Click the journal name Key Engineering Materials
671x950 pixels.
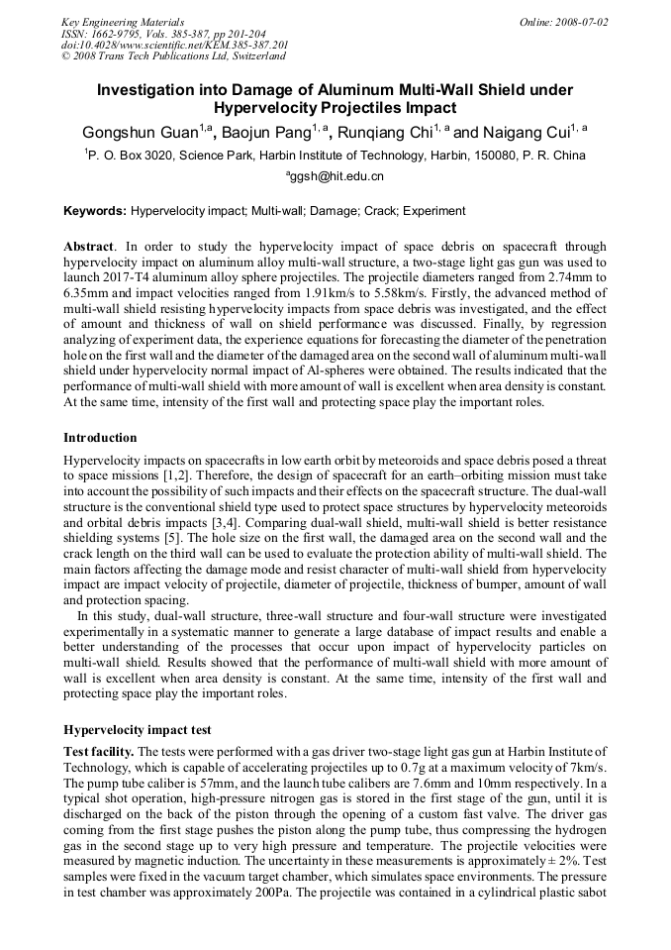tap(123, 21)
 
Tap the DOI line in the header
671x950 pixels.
tap(174, 45)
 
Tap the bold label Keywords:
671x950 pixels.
tap(95, 211)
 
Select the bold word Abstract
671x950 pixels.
tap(90, 246)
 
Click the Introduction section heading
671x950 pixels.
tap(100, 437)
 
